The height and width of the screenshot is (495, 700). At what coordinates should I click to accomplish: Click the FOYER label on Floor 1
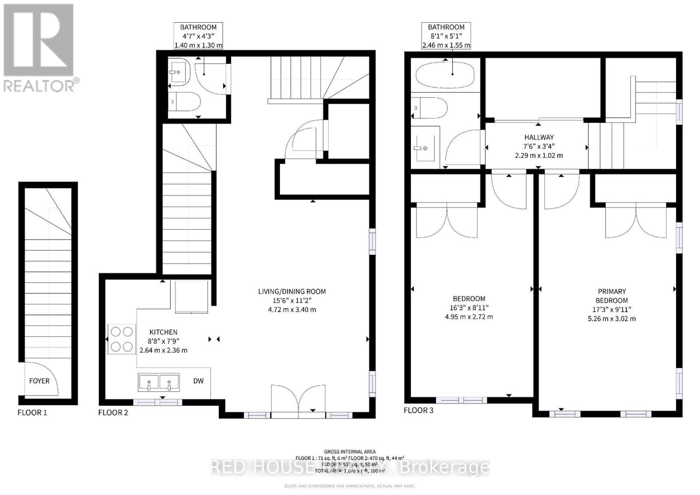[x=39, y=381]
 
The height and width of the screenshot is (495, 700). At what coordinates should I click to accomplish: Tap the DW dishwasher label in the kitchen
[x=199, y=381]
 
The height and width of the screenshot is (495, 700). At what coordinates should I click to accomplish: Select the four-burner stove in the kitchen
[x=122, y=339]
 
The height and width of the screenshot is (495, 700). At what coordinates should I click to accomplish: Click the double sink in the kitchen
[x=159, y=383]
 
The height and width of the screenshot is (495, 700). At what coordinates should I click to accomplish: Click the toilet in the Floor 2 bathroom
[x=185, y=101]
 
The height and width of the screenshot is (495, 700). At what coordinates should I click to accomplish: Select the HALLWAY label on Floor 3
[x=539, y=137]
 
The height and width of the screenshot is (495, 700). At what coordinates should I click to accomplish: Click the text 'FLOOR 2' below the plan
[x=113, y=412]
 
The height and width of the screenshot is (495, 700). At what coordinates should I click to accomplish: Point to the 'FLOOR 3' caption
[x=419, y=410]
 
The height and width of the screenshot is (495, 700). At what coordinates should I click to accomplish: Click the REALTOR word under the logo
[x=38, y=86]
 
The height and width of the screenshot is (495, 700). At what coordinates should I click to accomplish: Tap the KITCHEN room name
[x=163, y=332]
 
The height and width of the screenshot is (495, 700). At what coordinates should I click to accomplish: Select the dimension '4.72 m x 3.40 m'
[x=292, y=310]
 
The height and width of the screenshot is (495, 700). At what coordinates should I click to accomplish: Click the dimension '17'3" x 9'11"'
[x=612, y=310]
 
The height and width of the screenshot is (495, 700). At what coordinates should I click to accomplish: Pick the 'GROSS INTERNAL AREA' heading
[x=350, y=452]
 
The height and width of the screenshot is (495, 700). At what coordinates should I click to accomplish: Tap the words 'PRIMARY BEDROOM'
[x=612, y=296]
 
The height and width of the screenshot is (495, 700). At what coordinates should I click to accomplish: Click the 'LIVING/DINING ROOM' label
[x=292, y=291]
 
